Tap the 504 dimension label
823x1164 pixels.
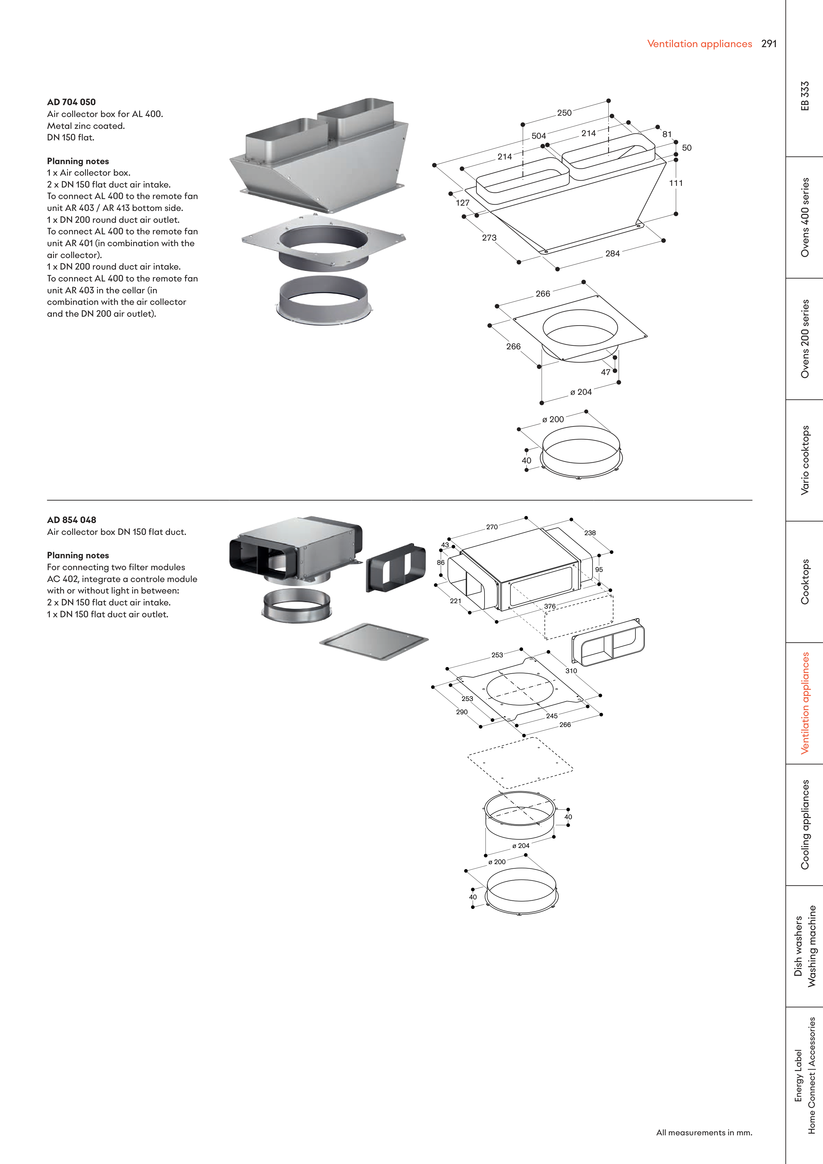pyautogui.click(x=539, y=136)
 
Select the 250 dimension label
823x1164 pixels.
pyautogui.click(x=564, y=113)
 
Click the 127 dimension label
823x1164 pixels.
pyautogui.click(x=462, y=203)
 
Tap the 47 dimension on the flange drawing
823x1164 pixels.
pyautogui.click(x=605, y=372)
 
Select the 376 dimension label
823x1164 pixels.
pyautogui.click(x=550, y=606)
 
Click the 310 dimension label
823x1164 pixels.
pyautogui.click(x=571, y=671)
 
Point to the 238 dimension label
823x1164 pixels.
pyautogui.click(x=590, y=533)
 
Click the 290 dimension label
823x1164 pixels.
pyautogui.click(x=461, y=712)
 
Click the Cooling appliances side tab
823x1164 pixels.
pyautogui.click(x=805, y=825)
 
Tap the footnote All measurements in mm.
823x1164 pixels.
pyautogui.click(x=704, y=1132)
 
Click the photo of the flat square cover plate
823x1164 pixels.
pyautogui.click(x=374, y=641)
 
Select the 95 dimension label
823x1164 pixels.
pyautogui.click(x=599, y=569)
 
